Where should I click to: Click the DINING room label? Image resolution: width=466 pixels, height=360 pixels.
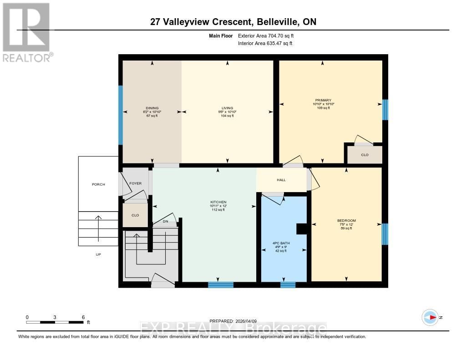[152, 108]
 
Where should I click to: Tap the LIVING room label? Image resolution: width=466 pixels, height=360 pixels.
[227, 108]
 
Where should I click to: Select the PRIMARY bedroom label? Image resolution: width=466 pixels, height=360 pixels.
[323, 100]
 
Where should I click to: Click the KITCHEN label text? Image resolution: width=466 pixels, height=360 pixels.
[218, 202]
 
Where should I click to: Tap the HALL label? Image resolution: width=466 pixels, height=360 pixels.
[281, 180]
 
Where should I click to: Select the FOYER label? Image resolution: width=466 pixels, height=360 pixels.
[136, 183]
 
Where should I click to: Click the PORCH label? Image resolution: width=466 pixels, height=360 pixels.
[98, 184]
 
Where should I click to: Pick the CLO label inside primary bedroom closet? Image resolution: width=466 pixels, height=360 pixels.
[365, 155]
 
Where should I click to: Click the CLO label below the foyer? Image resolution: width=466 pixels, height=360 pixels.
[135, 215]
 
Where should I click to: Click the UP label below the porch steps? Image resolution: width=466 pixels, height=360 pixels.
[98, 254]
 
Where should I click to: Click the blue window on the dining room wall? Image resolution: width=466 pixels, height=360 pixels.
[121, 115]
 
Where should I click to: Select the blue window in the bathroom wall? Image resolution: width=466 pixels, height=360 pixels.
[288, 285]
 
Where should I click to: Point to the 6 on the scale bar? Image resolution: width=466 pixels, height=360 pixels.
[83, 317]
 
